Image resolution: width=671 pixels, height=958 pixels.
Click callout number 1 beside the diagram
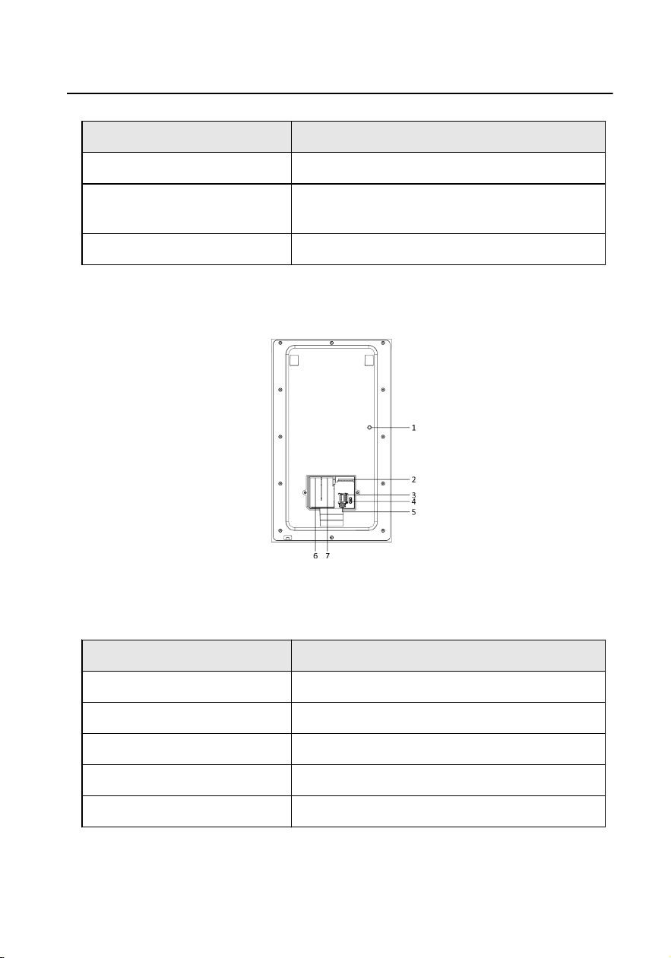tap(413, 427)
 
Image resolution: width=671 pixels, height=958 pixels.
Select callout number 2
tap(413, 479)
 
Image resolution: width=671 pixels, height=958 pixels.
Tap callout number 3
tap(413, 495)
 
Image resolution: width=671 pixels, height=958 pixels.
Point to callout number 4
tap(413, 501)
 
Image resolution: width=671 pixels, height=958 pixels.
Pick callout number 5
tap(413, 512)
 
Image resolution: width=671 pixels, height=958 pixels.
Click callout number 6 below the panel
tap(315, 555)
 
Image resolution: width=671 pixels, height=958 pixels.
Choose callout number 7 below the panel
tap(328, 555)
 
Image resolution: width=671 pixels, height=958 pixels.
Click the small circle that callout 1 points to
tap(369, 427)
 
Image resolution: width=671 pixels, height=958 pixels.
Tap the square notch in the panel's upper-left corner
tap(294, 360)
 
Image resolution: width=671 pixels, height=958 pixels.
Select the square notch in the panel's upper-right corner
tap(369, 360)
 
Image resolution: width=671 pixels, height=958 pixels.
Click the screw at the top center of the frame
tap(331, 343)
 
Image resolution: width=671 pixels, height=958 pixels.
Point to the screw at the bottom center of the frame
tap(332, 537)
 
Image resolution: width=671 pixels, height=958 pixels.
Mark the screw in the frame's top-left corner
tap(280, 343)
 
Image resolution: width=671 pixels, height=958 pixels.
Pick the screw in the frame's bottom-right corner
tap(383, 530)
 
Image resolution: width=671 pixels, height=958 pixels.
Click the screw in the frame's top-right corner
tap(383, 343)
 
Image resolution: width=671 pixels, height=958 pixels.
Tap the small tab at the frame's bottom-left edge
tap(287, 538)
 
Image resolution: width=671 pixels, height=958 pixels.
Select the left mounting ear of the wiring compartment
tap(305, 492)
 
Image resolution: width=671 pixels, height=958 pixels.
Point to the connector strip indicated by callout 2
tap(346, 480)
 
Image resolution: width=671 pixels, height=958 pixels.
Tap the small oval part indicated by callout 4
tap(350, 500)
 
